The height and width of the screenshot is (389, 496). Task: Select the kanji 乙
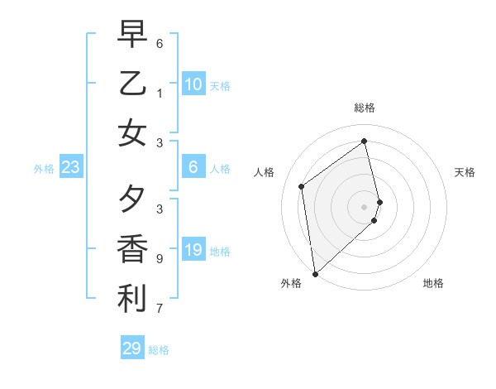click(132, 84)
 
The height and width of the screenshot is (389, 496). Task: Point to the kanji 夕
click(132, 199)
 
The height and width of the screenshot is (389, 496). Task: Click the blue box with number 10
click(193, 84)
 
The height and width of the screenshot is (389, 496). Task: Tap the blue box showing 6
click(193, 168)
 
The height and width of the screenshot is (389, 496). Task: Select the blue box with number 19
click(193, 251)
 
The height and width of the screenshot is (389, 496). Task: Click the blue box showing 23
click(71, 168)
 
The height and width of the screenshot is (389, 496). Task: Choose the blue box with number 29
click(132, 348)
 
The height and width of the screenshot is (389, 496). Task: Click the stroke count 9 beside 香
click(160, 259)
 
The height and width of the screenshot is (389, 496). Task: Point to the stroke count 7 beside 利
click(160, 309)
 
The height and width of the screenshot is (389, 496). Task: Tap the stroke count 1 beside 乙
click(160, 94)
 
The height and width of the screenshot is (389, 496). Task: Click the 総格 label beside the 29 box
click(160, 350)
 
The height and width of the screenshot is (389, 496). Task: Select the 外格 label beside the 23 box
click(44, 169)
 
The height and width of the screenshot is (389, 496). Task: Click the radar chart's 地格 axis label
click(433, 283)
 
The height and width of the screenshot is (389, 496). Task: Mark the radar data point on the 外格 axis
click(315, 273)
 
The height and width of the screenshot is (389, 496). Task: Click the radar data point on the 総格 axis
click(365, 142)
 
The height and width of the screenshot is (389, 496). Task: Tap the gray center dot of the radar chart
click(365, 206)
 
